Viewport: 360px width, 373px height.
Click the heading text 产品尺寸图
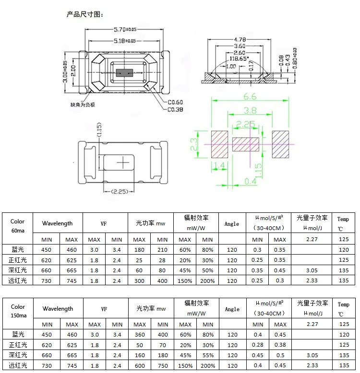coord(84,14)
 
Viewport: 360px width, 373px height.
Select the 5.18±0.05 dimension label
coord(125,42)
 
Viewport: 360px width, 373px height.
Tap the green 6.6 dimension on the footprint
coord(250,96)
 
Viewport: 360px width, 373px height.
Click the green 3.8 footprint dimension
coord(250,110)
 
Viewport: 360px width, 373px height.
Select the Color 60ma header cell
coord(18,226)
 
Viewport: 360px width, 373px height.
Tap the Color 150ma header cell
coord(18,311)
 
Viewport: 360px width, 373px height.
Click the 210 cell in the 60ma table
coord(163,250)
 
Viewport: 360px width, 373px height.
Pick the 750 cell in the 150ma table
coord(163,365)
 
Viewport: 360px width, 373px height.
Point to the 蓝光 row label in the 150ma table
coord(18,335)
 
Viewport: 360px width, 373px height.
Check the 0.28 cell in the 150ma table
coord(257,345)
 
